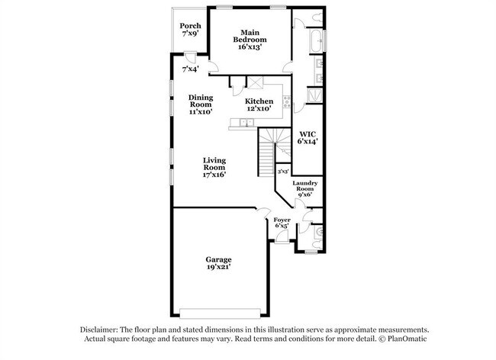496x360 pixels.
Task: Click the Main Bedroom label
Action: [250, 36]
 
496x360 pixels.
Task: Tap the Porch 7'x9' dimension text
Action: [190, 34]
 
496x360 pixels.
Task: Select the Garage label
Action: [218, 259]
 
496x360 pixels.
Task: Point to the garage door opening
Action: [221, 313]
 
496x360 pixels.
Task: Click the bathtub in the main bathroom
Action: [315, 40]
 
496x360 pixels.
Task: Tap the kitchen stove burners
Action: [287, 102]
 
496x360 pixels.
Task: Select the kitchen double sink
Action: [246, 122]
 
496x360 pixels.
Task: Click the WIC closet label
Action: [308, 134]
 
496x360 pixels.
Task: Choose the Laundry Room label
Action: [305, 186]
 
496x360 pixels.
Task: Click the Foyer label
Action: [282, 220]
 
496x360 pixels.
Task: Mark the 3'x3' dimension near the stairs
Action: [283, 172]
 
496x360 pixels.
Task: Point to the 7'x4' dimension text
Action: [190, 69]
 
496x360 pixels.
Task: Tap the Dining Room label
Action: [201, 101]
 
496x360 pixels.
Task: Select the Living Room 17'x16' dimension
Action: [214, 174]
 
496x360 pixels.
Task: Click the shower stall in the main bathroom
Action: [314, 95]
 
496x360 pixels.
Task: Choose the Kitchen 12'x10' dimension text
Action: [259, 108]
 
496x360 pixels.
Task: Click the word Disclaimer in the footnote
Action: [99, 329]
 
